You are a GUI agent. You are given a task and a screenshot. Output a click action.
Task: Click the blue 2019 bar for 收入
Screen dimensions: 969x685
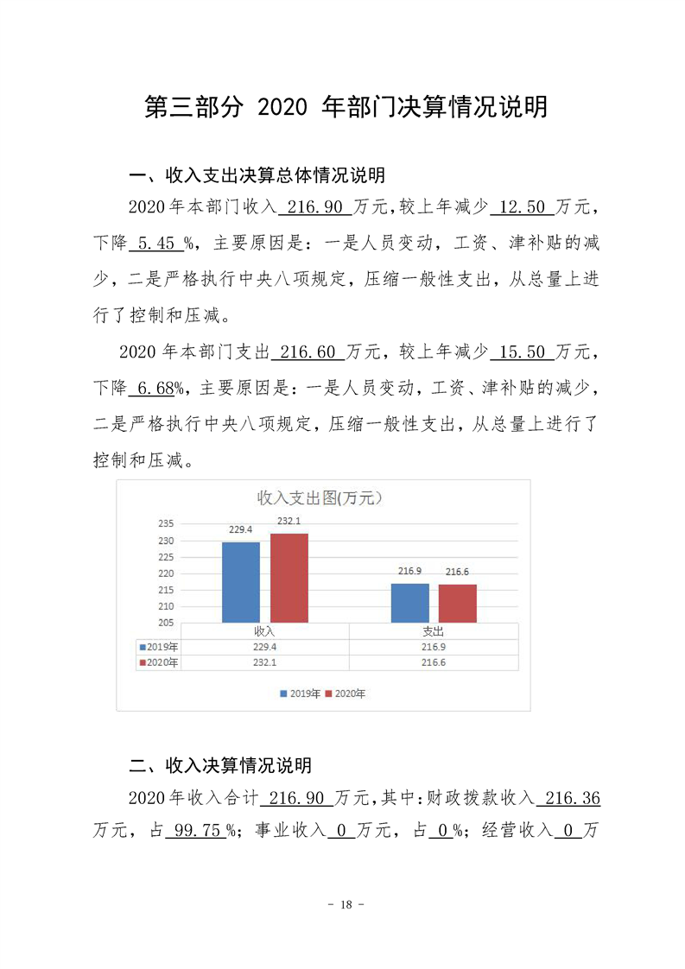[240, 582]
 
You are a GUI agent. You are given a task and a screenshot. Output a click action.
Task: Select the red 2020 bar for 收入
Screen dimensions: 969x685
[289, 578]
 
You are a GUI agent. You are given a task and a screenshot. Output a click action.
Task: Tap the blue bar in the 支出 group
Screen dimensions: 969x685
[409, 603]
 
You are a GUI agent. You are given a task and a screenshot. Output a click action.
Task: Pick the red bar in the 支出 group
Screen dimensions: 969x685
[457, 603]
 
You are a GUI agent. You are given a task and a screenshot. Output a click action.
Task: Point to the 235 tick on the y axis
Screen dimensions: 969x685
[167, 523]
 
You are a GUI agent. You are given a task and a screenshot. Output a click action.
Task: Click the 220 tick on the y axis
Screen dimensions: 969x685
[167, 573]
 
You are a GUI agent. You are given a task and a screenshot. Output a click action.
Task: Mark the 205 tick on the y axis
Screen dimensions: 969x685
[167, 623]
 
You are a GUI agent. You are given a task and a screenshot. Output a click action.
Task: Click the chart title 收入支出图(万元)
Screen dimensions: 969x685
[320, 497]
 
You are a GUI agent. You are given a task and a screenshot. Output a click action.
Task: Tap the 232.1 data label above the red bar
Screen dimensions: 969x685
[289, 521]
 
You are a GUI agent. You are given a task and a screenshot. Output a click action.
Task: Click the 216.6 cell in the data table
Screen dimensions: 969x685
[434, 662]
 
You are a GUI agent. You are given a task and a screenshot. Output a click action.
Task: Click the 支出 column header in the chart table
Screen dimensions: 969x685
[434, 631]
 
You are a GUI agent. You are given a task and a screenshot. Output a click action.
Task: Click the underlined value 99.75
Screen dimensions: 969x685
[194, 832]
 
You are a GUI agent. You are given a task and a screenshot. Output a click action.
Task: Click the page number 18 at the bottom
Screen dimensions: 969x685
[342, 904]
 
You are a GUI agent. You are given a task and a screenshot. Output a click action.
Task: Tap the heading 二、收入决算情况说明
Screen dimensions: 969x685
[220, 765]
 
